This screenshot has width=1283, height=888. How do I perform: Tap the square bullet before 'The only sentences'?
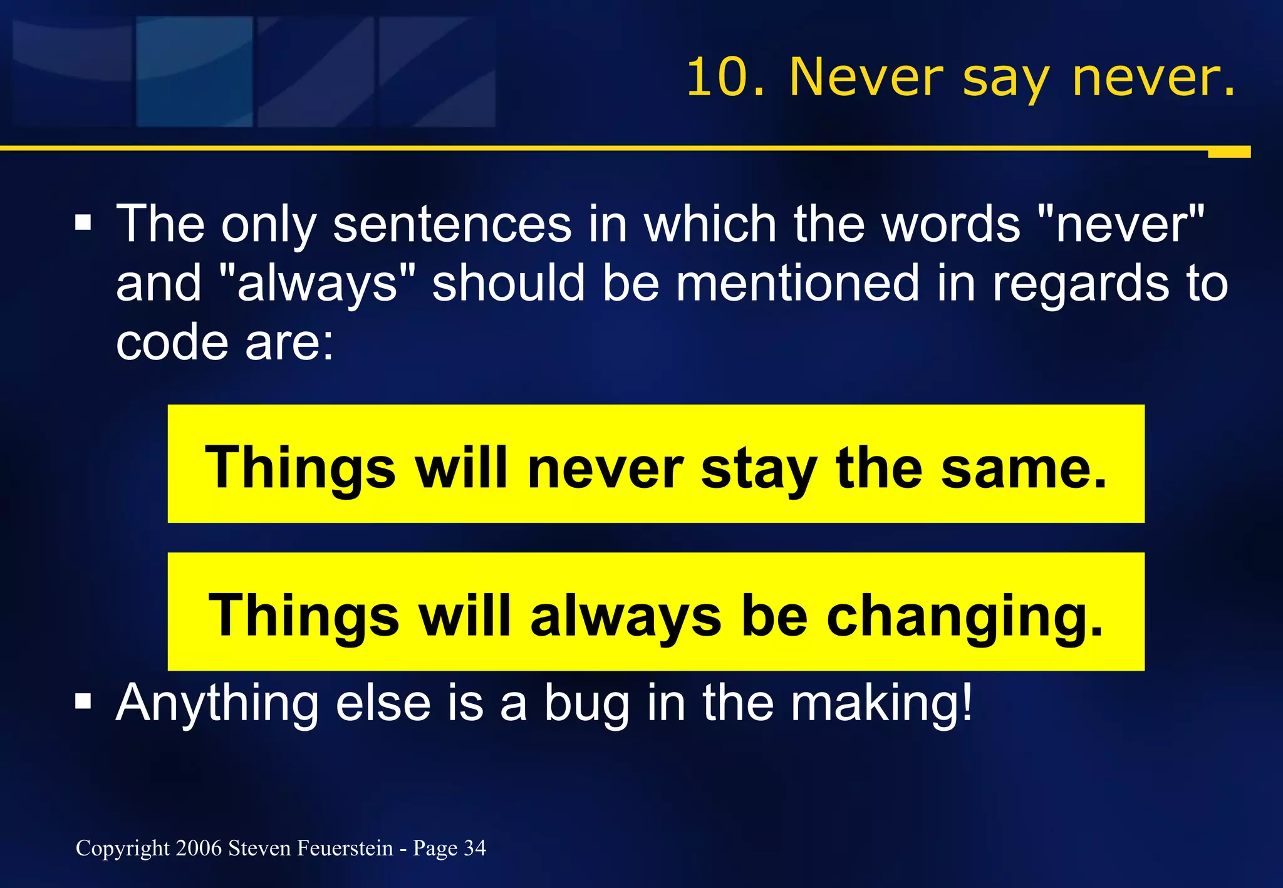coord(83,223)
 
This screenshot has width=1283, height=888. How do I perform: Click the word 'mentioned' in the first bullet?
coord(798,283)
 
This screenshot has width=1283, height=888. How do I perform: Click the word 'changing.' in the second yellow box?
coord(965,617)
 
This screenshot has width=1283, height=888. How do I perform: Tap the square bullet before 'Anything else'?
coord(83,702)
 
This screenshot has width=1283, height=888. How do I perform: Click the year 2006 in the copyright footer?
coord(199,848)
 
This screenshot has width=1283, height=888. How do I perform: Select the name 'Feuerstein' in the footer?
coord(345,848)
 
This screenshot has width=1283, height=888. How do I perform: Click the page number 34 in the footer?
coord(475,848)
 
